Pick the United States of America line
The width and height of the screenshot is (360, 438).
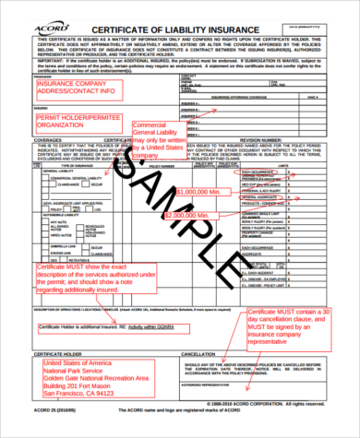click(87, 363)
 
